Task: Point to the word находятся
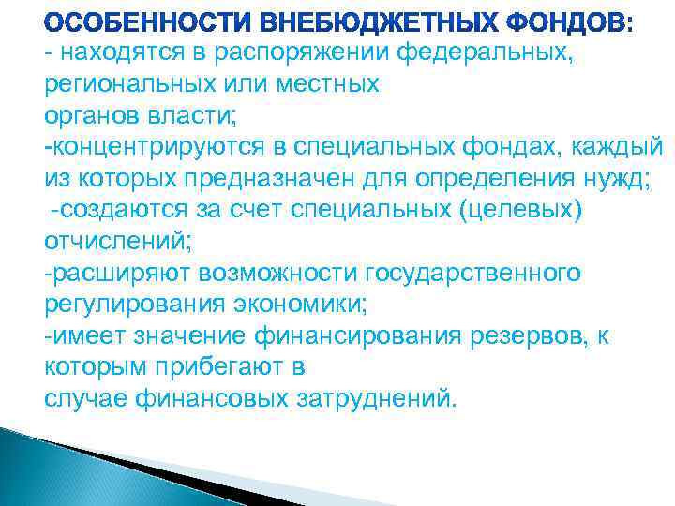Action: (112, 53)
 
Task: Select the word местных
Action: (324, 84)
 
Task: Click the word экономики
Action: (308, 303)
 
